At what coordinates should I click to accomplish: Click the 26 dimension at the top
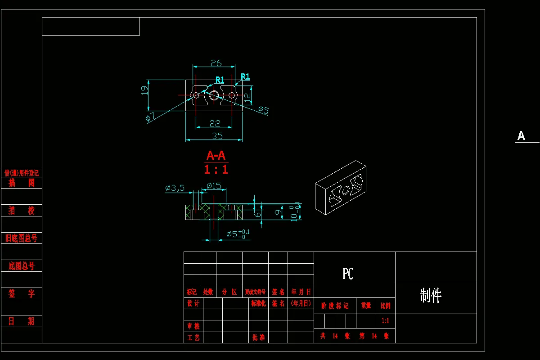pyautogui.click(x=216, y=63)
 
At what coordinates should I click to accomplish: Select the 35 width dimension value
pyautogui.click(x=217, y=135)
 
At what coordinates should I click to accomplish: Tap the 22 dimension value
pyautogui.click(x=215, y=123)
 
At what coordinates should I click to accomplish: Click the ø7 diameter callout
pyautogui.click(x=150, y=118)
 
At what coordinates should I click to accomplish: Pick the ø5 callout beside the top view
pyautogui.click(x=264, y=110)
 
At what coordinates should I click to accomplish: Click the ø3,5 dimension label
pyautogui.click(x=175, y=188)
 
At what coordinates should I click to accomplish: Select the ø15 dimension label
pyautogui.click(x=214, y=185)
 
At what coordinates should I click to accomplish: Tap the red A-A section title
pyautogui.click(x=216, y=156)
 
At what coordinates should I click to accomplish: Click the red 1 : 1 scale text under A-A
pyautogui.click(x=216, y=170)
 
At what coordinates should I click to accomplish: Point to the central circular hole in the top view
pyautogui.click(x=214, y=95)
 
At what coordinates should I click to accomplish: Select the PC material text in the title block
pyautogui.click(x=348, y=274)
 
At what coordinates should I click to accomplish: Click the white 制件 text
pyautogui.click(x=431, y=296)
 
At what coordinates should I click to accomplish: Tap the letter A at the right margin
pyautogui.click(x=521, y=136)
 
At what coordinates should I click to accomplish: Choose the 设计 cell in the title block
pyautogui.click(x=193, y=303)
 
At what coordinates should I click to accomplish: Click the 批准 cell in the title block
pyautogui.click(x=258, y=337)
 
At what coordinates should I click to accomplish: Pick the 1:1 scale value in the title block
pyautogui.click(x=385, y=321)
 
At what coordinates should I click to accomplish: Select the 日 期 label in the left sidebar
pyautogui.click(x=22, y=321)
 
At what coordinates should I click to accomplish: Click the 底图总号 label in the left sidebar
pyautogui.click(x=22, y=266)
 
